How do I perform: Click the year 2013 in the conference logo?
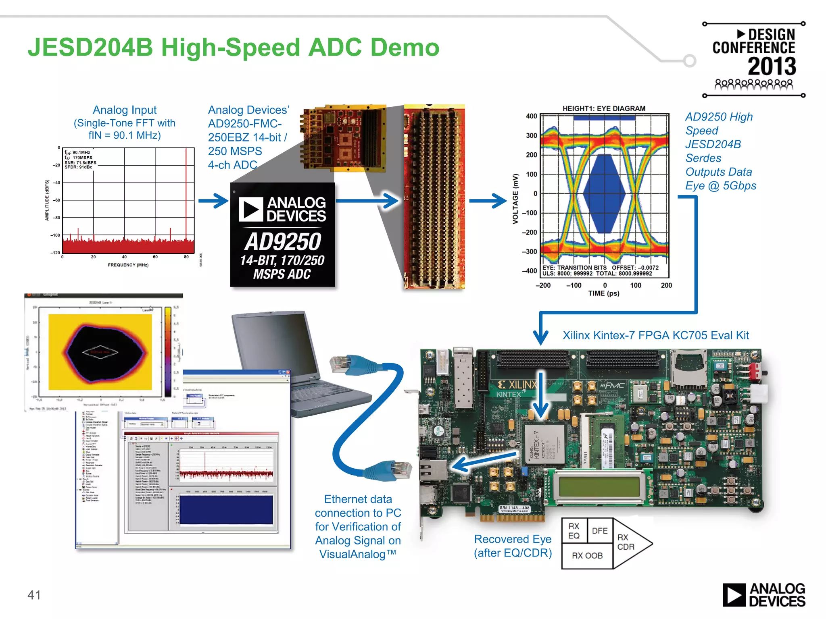click(x=772, y=66)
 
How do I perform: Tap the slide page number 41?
click(x=34, y=595)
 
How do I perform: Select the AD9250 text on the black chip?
click(x=283, y=242)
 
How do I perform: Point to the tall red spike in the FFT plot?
click(x=186, y=193)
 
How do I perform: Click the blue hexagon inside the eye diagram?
click(x=604, y=194)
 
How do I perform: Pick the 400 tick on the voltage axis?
click(x=531, y=116)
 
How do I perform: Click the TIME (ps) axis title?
click(x=603, y=293)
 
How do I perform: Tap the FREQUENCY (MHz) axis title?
click(x=128, y=265)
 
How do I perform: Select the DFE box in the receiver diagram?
click(x=599, y=531)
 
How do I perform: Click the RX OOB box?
click(x=587, y=556)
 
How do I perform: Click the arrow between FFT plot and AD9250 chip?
click(x=213, y=201)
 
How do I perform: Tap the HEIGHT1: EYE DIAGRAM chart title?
click(x=604, y=108)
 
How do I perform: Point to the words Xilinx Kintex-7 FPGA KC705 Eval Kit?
click(x=655, y=335)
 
